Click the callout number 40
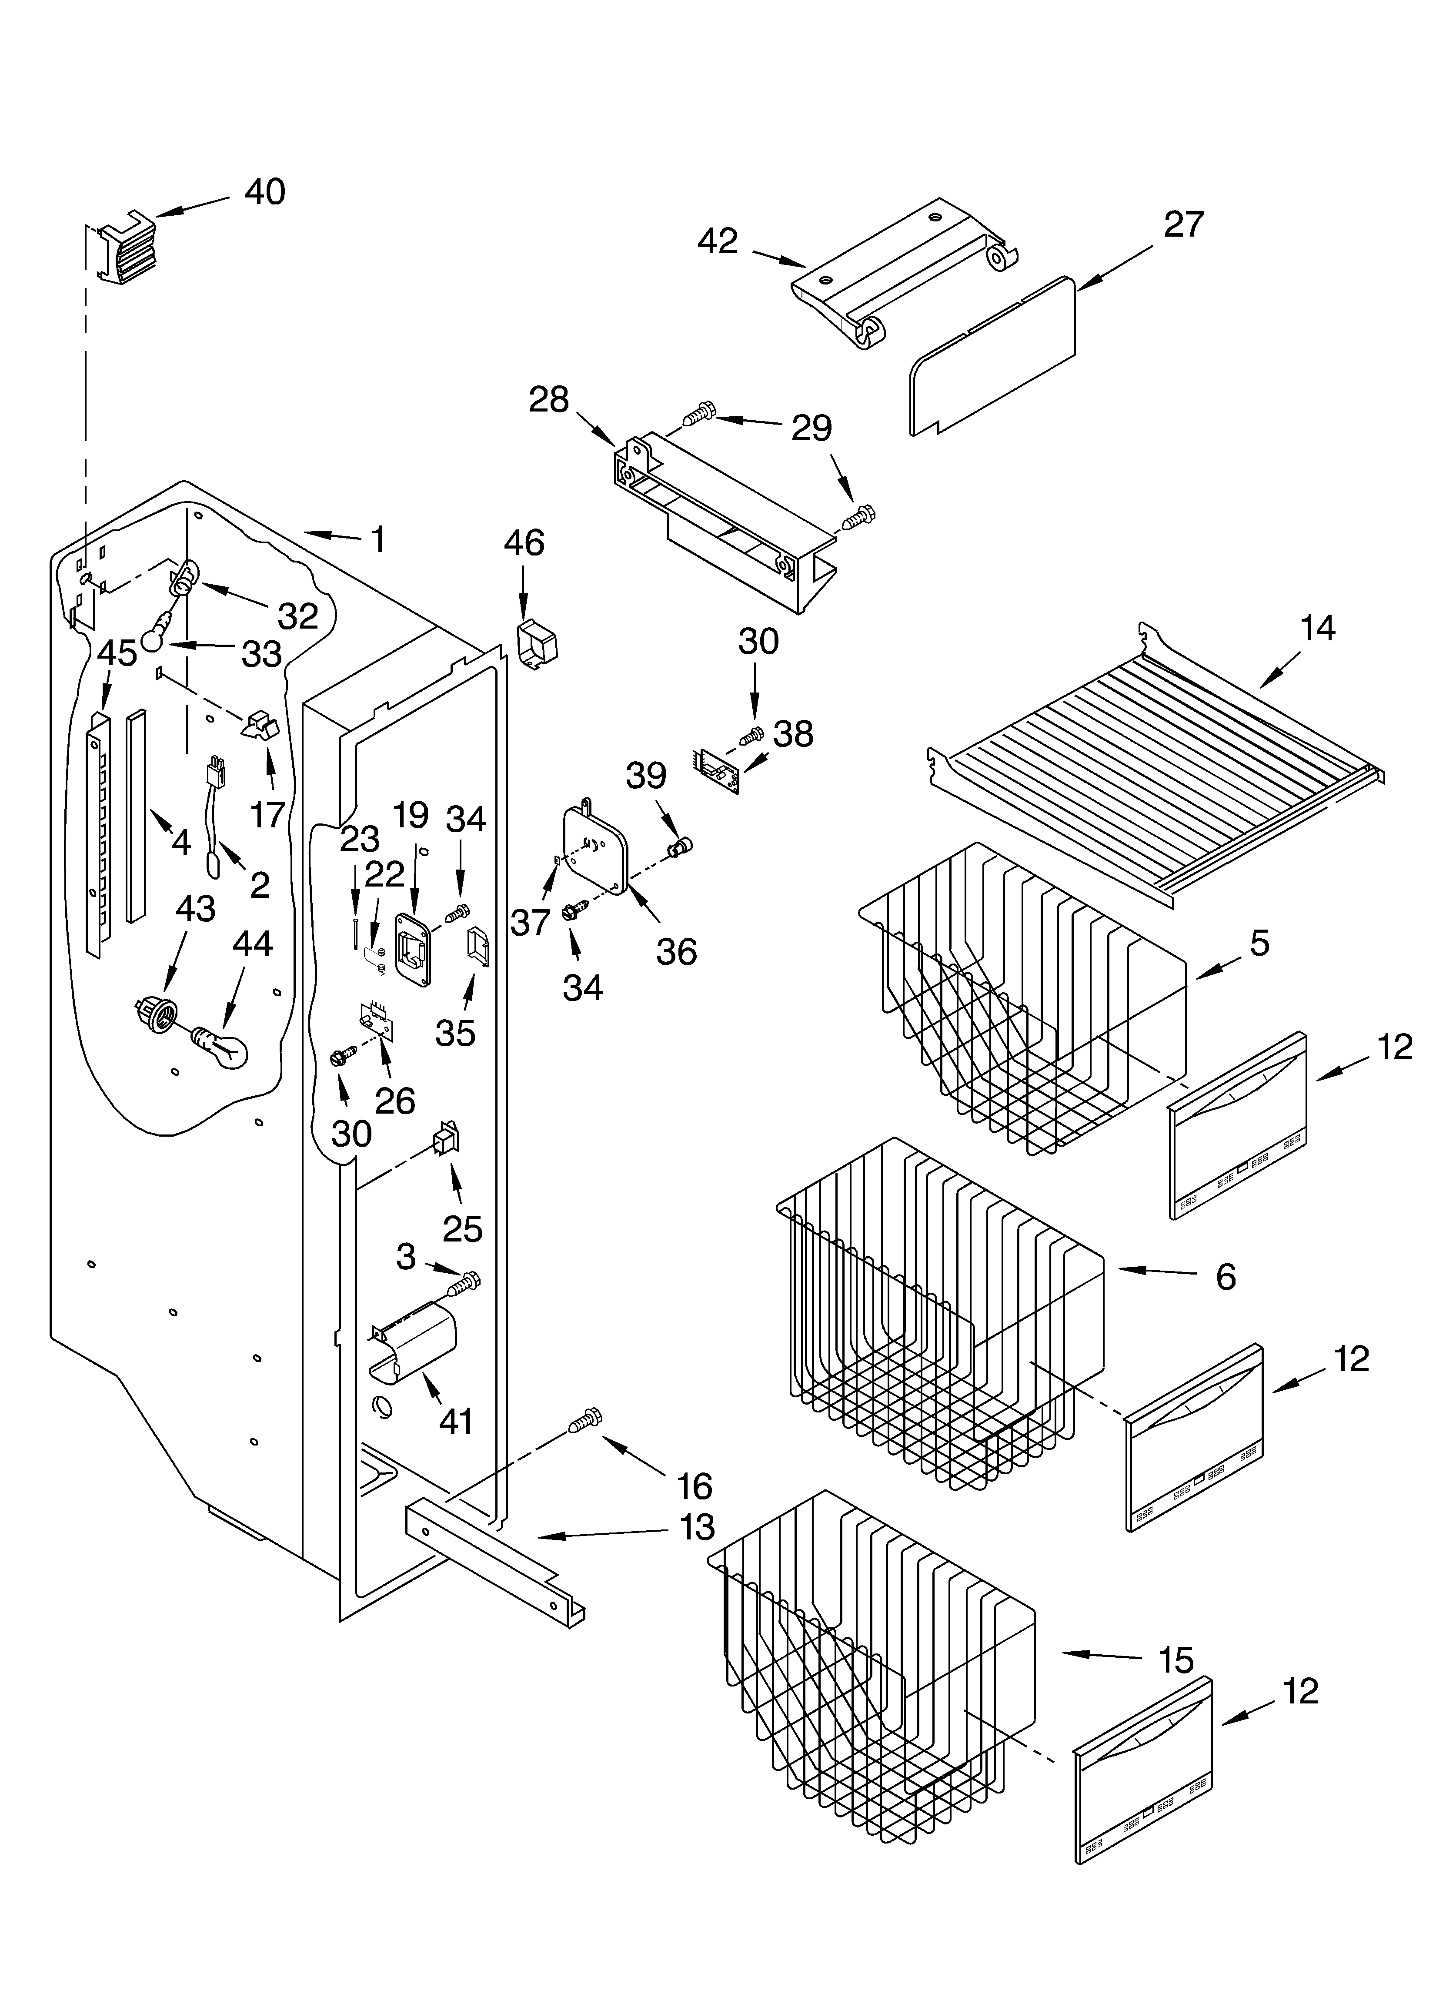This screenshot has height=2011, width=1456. (264, 192)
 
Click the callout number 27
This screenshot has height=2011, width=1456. (1183, 225)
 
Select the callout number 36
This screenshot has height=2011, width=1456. (676, 952)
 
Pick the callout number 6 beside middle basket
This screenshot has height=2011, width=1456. (1226, 1277)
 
